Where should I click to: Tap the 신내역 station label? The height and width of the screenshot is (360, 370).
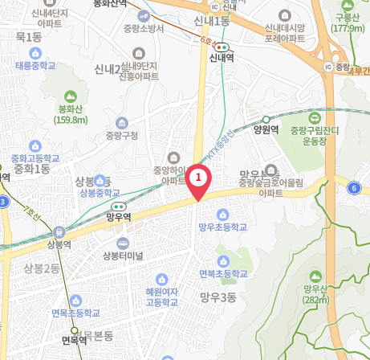[x=218, y=58]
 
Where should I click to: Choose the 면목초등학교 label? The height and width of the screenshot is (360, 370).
[x=76, y=313]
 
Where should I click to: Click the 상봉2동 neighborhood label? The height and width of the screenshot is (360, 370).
[x=41, y=268]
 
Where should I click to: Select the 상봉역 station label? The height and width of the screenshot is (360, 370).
[x=59, y=244]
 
